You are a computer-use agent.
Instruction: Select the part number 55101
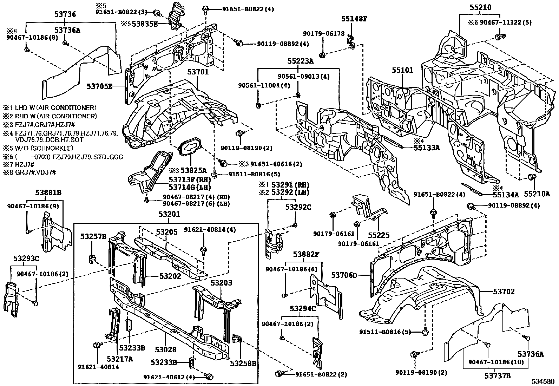point(402,70)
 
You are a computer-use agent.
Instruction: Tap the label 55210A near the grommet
point(537,194)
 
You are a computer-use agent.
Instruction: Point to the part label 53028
point(165,350)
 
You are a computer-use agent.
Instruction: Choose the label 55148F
point(355,19)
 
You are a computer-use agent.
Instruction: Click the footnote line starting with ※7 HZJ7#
point(18,164)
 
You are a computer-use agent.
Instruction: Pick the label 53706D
point(344,275)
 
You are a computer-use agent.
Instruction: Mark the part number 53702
point(504,292)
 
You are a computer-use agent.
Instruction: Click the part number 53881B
point(48,192)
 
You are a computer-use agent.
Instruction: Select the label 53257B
point(93,236)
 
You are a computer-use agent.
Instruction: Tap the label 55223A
point(300,61)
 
